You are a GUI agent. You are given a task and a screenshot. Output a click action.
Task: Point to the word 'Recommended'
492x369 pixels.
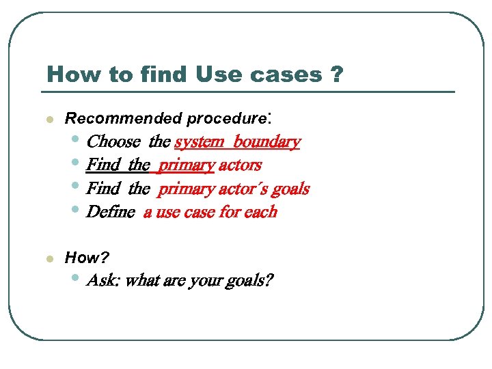[124, 118]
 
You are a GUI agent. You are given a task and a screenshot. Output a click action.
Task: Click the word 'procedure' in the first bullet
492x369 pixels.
[226, 119]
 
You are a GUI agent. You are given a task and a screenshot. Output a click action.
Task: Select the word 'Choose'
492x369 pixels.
[114, 142]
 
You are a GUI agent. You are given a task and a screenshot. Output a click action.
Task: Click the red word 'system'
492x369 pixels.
[199, 142]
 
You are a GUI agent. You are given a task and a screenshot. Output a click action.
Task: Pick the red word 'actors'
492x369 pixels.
[240, 165]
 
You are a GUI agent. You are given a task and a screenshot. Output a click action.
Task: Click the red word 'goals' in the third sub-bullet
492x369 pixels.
[290, 189]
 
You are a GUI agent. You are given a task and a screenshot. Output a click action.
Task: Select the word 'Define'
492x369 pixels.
[111, 212]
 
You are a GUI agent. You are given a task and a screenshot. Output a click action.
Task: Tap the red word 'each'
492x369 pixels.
[260, 212]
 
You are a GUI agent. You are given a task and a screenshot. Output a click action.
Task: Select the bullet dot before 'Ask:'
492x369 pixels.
[75, 279]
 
